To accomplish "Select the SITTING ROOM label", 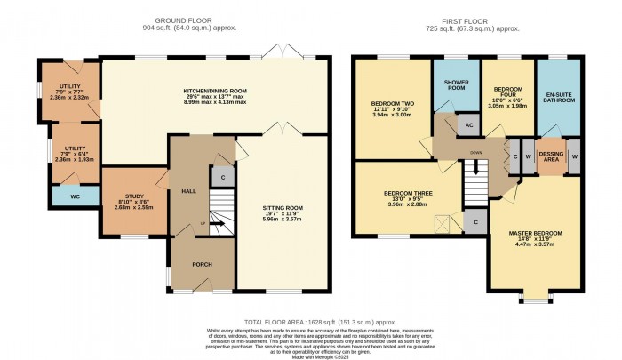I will click(282, 208).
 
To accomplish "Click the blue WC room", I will click(75, 196).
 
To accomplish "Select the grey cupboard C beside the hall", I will click(223, 176).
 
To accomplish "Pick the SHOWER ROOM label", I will click(456, 85).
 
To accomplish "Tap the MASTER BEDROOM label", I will click(535, 235).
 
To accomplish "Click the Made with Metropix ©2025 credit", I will click(310, 354).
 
